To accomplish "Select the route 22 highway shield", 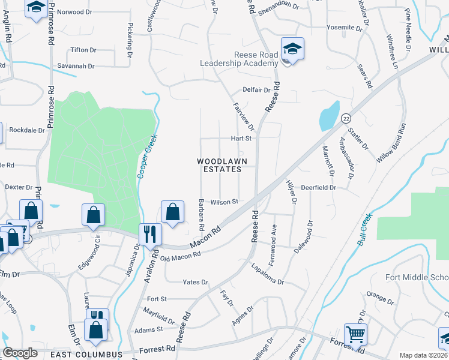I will point(346,118).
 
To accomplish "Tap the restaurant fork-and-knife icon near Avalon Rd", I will point(149,234).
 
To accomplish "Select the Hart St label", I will point(240,138).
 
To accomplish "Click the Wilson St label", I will point(224,202).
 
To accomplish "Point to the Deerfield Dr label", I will point(318,187).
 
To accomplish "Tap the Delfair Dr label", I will point(256,90).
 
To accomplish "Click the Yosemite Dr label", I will point(345,28).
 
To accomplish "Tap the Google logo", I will point(20,353).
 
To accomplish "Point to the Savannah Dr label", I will point(76,66).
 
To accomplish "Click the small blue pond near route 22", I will point(328,115).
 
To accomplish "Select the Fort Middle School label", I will point(417,277).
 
